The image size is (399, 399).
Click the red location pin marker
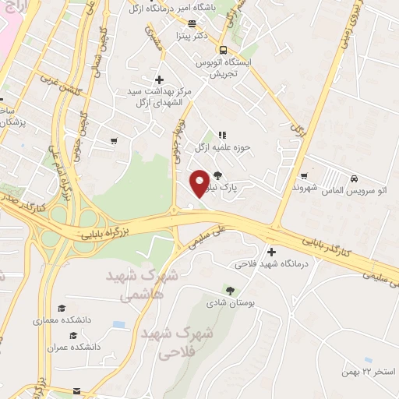[x=199, y=182]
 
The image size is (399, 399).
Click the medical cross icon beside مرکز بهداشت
[x=159, y=79]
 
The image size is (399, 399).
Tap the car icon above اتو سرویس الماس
[x=354, y=178]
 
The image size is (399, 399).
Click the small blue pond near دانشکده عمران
[x=118, y=324]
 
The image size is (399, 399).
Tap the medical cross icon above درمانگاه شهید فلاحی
[x=271, y=252]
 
